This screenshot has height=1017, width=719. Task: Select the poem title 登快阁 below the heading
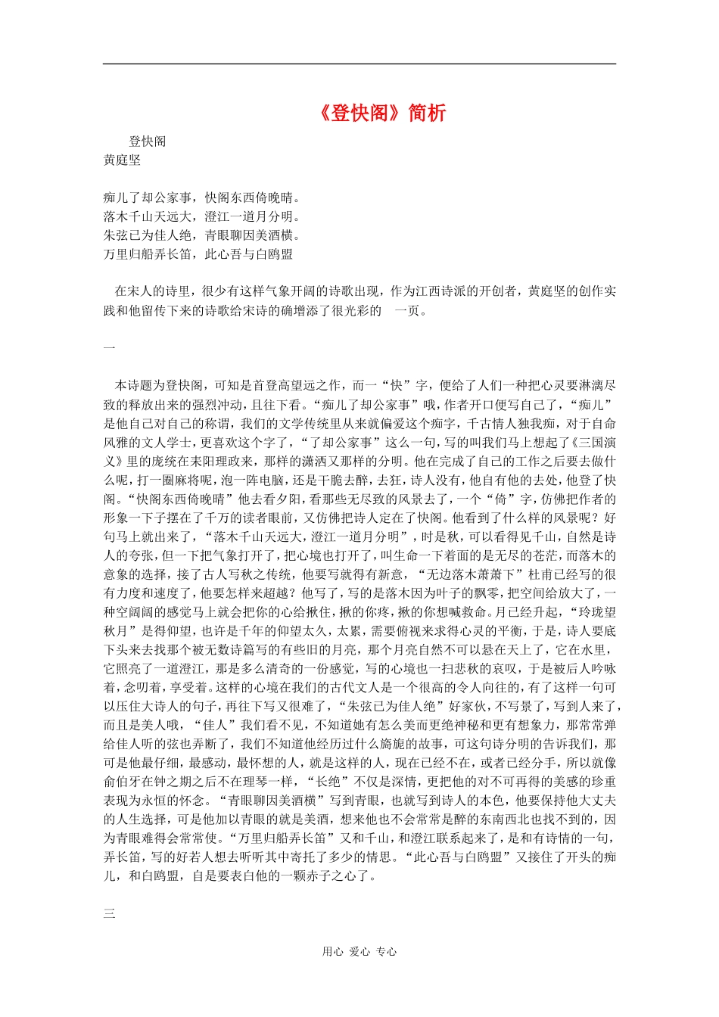(x=147, y=142)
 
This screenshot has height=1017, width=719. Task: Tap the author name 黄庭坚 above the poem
(x=122, y=160)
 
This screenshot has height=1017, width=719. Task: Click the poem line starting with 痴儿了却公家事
(x=202, y=198)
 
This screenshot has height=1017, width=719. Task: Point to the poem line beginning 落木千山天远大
(x=198, y=217)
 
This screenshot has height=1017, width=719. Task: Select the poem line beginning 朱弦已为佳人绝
(x=202, y=236)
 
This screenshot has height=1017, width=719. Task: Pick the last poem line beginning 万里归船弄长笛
(x=198, y=255)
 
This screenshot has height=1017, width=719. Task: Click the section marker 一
(x=109, y=347)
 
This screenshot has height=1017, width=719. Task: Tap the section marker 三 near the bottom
(x=109, y=913)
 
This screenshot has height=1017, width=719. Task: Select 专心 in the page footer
(x=386, y=952)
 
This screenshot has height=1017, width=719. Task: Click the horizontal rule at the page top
(x=359, y=64)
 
